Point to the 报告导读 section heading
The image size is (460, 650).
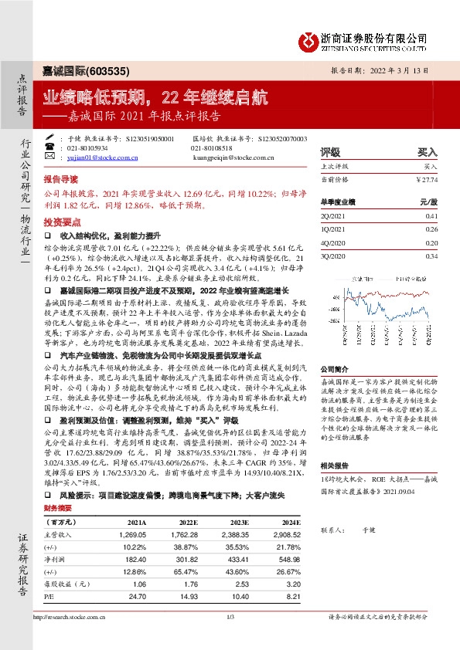click(x=60, y=177)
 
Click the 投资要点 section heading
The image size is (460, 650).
click(x=60, y=219)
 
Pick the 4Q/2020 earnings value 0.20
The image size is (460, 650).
click(x=431, y=242)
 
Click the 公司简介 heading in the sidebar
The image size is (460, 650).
click(x=336, y=369)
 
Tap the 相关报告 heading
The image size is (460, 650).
click(x=336, y=466)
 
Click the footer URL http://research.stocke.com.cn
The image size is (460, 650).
click(x=74, y=616)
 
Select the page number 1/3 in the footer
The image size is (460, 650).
click(x=230, y=616)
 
